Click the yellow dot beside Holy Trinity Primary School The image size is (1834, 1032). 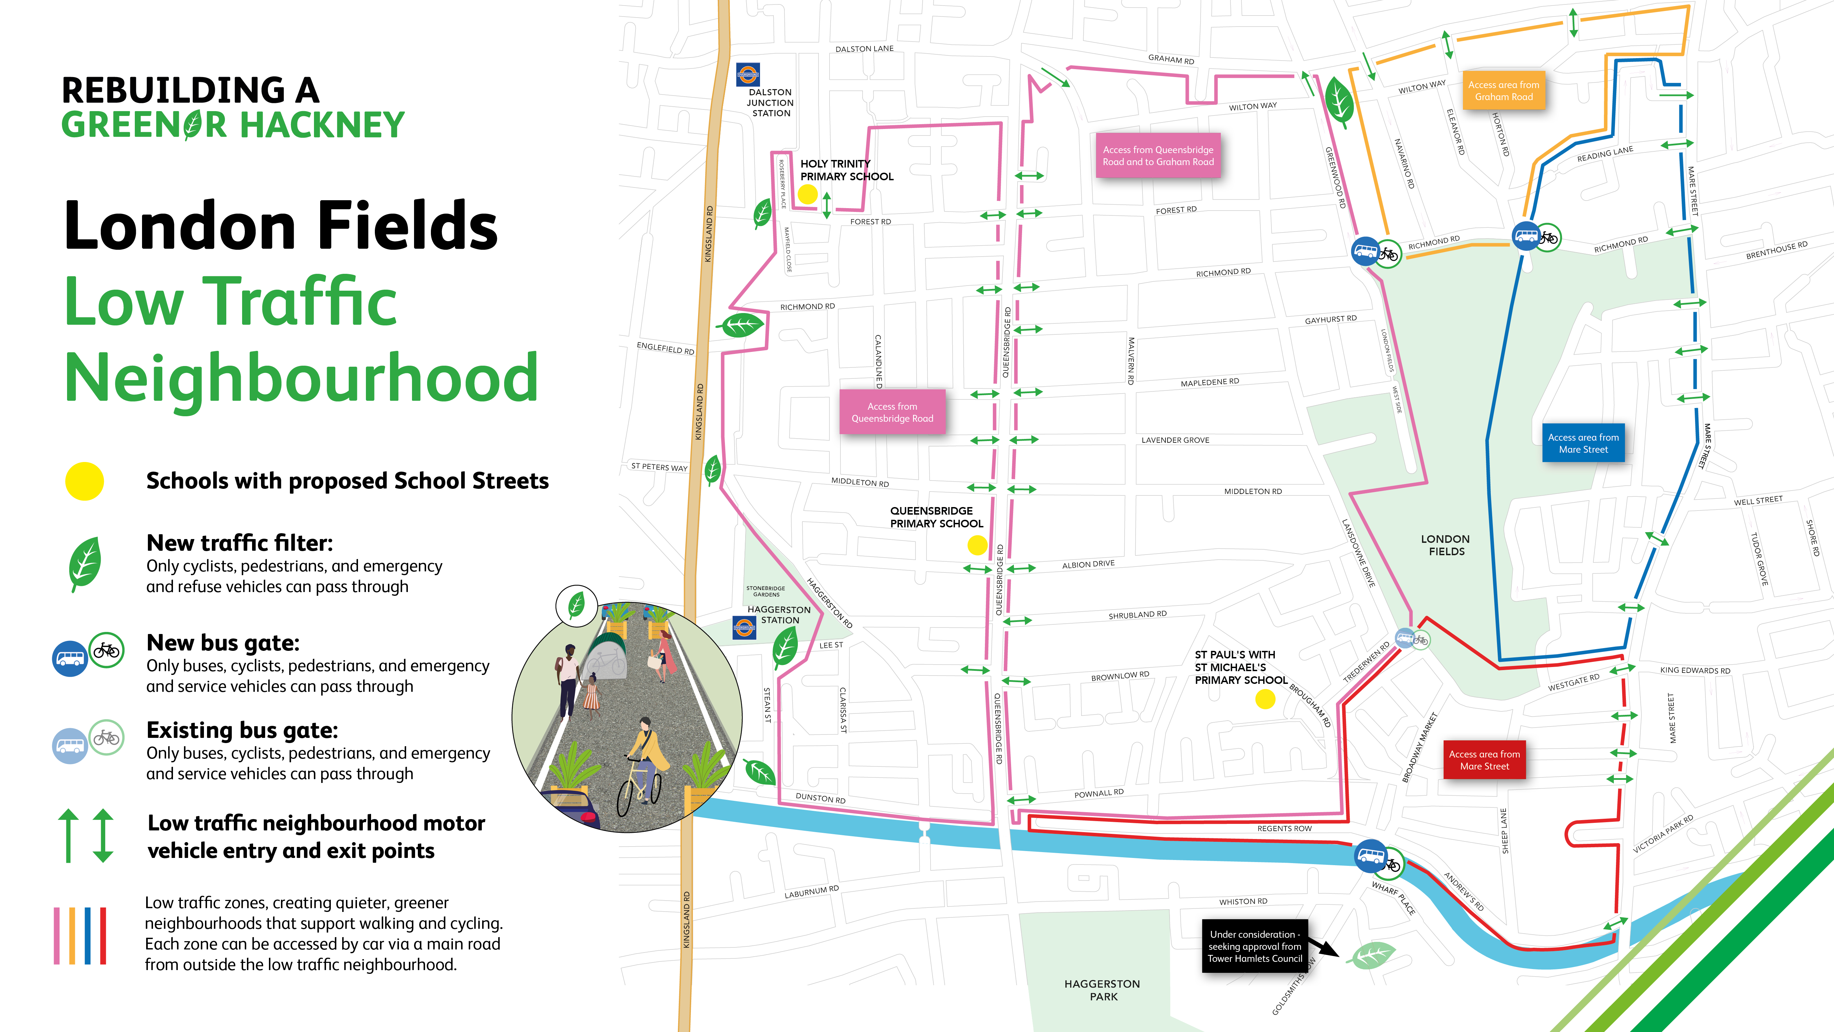coord(807,194)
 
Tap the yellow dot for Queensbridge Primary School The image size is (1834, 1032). coord(977,546)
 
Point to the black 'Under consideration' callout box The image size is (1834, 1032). coord(1255,947)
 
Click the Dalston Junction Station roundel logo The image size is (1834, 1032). coord(748,74)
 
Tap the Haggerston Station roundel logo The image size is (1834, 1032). coord(744,627)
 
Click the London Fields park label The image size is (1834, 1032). coord(1446,545)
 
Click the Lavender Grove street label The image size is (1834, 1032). coord(1175,440)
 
